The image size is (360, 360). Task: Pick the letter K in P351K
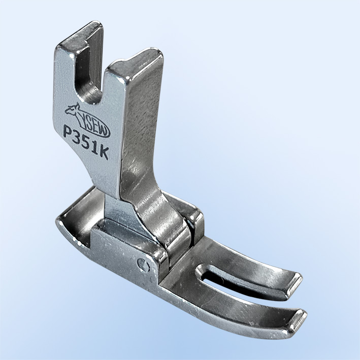(103, 153)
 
